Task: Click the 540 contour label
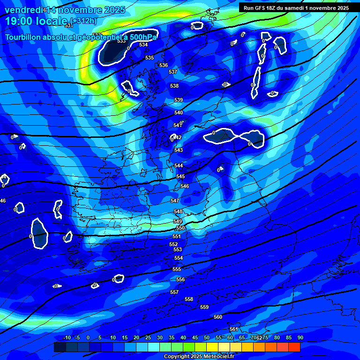pos(179,113)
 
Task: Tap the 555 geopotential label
pos(177,270)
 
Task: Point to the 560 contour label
pos(218,317)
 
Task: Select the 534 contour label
pos(143,45)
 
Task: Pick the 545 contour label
pos(180,176)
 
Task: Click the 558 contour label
pos(189,299)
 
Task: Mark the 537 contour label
pos(173,72)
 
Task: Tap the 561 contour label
pos(234,330)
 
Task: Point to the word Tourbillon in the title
pos(25,37)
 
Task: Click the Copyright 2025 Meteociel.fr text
pos(199,357)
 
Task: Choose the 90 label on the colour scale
pos(300,337)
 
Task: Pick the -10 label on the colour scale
pos(67,337)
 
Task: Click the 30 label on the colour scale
pos(160,337)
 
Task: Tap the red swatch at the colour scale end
pos(294,347)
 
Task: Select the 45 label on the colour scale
pos(195,337)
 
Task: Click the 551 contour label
pos(176,237)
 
